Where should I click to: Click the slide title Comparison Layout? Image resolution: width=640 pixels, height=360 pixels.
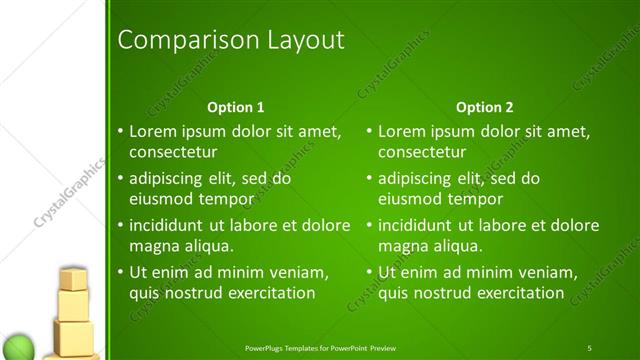pyautogui.click(x=231, y=40)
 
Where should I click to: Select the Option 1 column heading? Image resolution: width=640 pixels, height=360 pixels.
pyautogui.click(x=236, y=107)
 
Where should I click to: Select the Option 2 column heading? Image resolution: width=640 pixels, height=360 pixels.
pyautogui.click(x=485, y=107)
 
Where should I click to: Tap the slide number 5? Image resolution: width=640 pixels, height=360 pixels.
pyautogui.click(x=589, y=348)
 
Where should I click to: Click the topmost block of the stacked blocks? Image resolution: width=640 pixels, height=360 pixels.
pyautogui.click(x=73, y=279)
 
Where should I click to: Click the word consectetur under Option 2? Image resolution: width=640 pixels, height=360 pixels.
pyautogui.click(x=422, y=152)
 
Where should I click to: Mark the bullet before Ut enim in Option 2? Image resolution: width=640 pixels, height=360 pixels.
pyautogui.click(x=370, y=273)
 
